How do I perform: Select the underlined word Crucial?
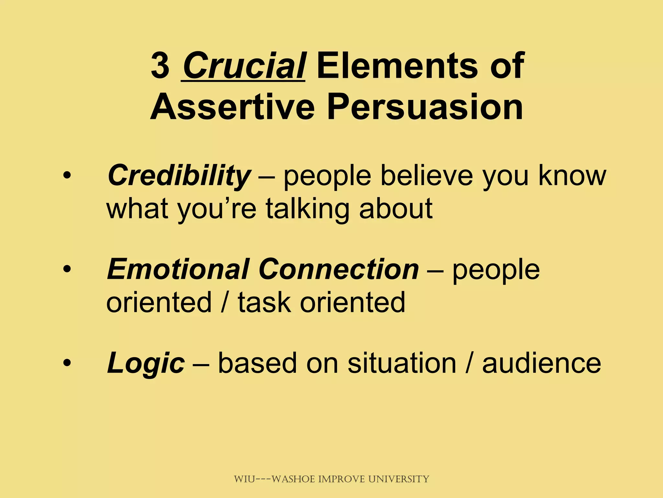coord(243,66)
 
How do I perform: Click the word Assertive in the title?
coord(232,106)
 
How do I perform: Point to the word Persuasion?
coord(425,106)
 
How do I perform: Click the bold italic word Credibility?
coord(179,175)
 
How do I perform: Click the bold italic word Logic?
coord(146,363)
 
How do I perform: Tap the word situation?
coord(402,363)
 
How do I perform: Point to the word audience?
coord(541,363)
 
